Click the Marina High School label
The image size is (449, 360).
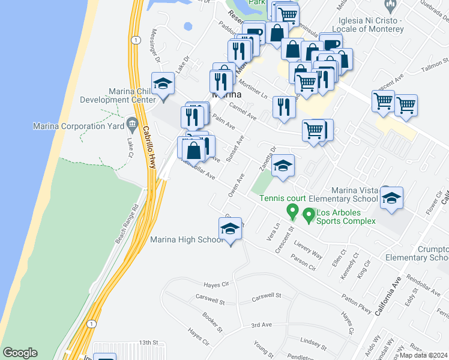point(186,240)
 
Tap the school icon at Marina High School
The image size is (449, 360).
point(229,229)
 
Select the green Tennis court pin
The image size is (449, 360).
point(292,212)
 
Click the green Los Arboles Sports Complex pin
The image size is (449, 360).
point(309,214)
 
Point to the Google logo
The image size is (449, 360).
point(20,353)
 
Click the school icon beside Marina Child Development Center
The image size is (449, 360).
point(162,84)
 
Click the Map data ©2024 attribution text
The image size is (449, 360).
point(423,355)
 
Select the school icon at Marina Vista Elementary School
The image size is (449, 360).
point(391,198)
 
